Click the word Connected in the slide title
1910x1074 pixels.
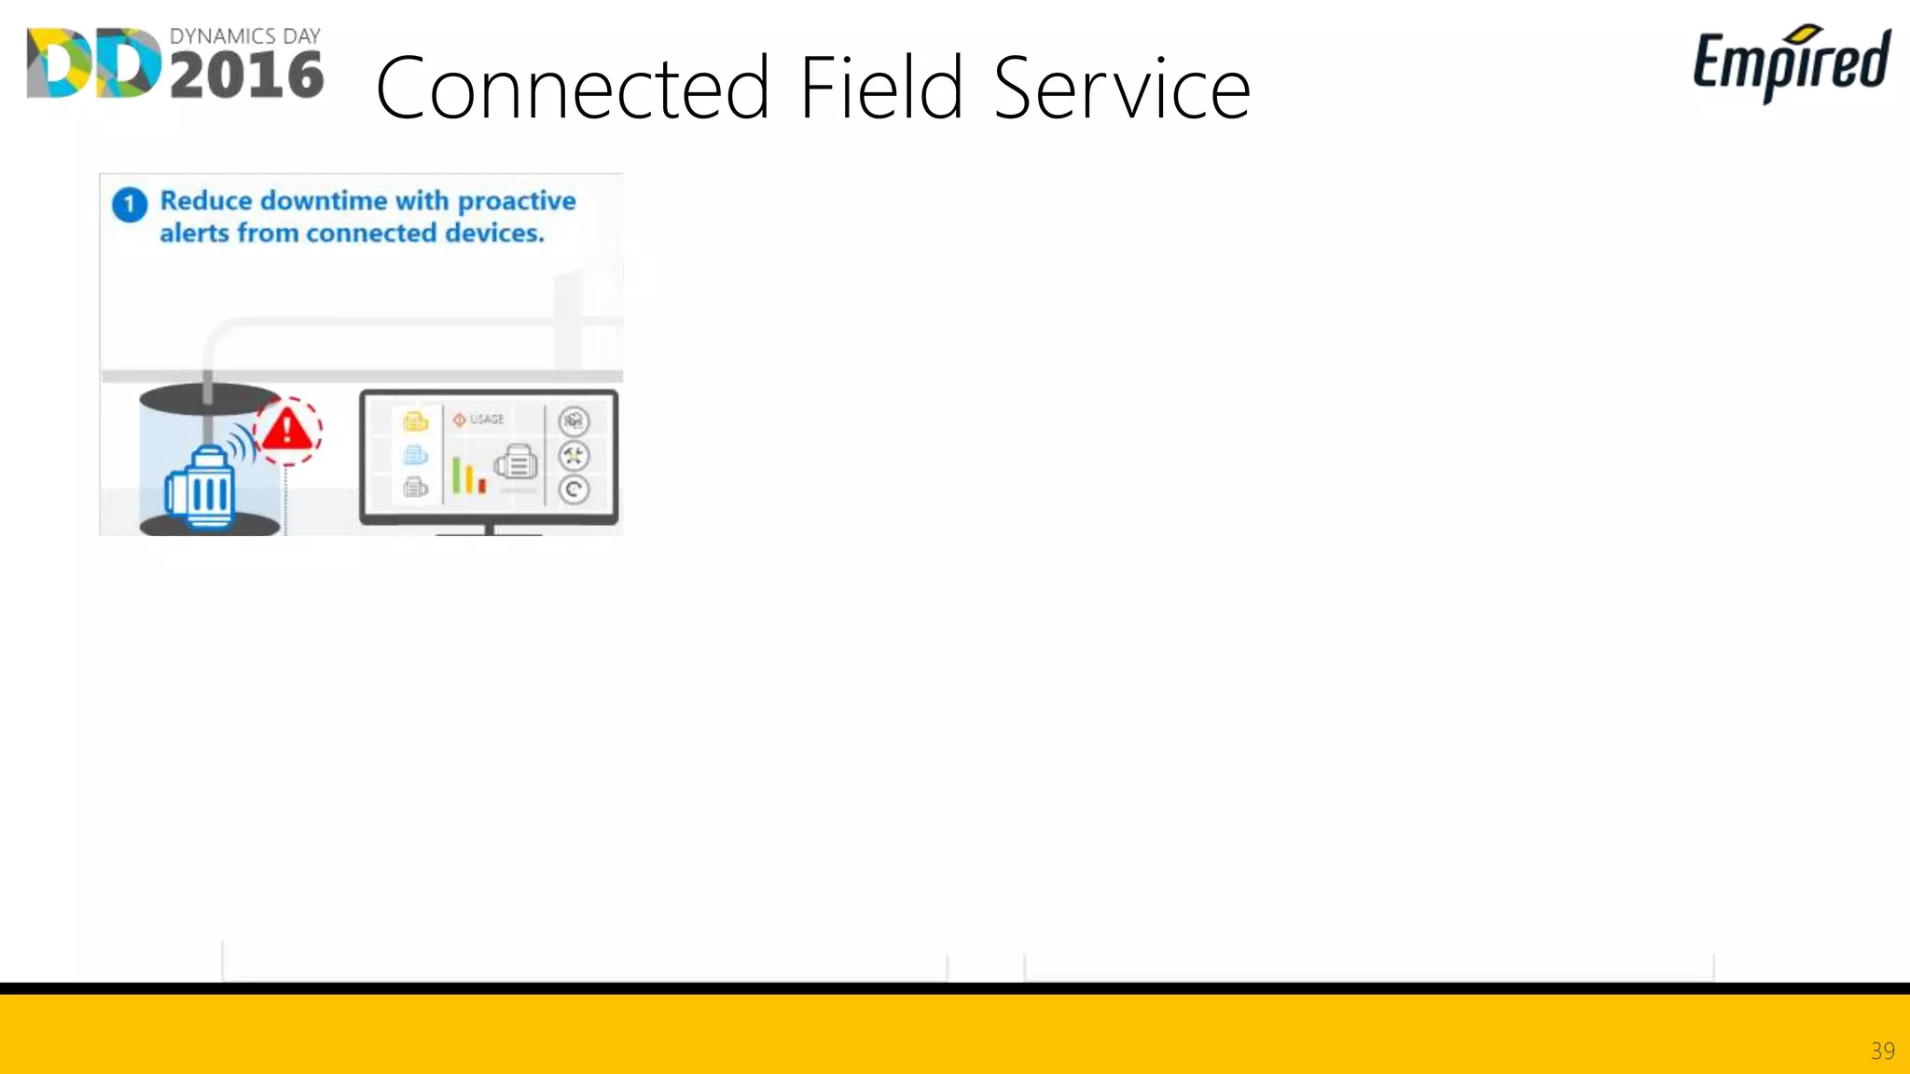571,89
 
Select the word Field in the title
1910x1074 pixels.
880,88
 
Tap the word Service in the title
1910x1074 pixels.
1121,89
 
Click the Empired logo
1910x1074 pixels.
1791,62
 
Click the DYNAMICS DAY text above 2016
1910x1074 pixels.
244,36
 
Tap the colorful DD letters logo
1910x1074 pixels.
93,63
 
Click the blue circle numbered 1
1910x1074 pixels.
130,204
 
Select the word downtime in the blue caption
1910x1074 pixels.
324,200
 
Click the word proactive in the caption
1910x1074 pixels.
517,200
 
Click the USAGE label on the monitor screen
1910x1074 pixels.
486,420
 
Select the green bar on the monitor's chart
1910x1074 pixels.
456,475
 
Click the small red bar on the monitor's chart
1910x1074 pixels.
482,486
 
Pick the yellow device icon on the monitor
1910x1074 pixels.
415,422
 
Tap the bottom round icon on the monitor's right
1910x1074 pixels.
574,489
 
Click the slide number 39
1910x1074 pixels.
1882,1051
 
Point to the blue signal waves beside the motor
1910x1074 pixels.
243,443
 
